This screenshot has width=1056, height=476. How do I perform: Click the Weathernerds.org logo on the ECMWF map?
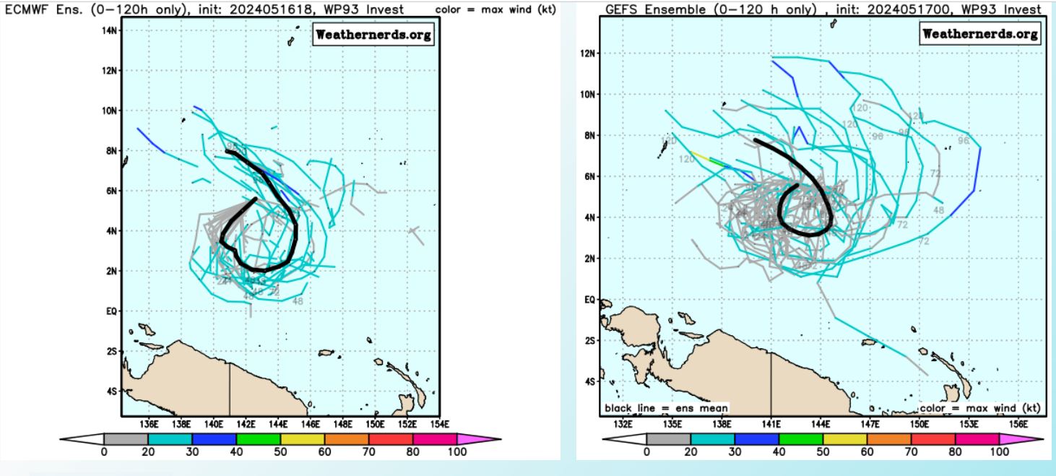(373, 35)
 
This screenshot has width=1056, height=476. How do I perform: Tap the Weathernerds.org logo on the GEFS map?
(980, 34)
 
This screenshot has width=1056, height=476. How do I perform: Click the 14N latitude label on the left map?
(110, 31)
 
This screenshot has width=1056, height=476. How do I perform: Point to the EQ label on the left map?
(112, 311)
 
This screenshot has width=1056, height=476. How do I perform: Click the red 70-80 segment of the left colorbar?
(391, 438)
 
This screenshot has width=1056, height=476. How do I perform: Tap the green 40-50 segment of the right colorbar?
(800, 438)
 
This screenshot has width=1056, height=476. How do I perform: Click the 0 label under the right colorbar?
(646, 452)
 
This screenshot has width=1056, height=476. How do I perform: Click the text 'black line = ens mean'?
(666, 407)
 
